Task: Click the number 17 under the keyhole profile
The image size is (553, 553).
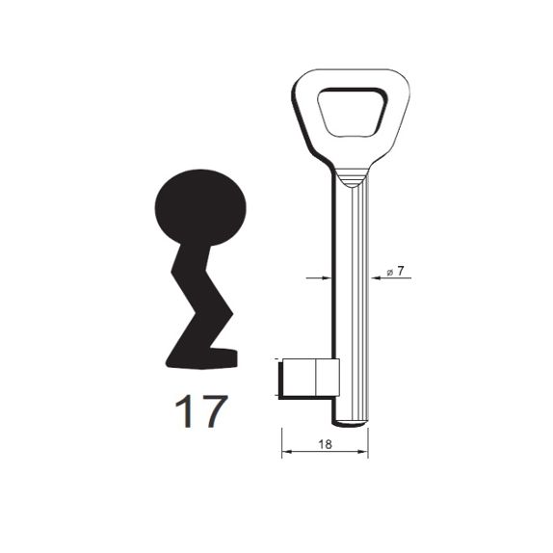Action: pyautogui.click(x=201, y=411)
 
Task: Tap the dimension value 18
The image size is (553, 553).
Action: pyautogui.click(x=325, y=444)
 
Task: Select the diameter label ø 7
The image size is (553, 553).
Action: pyautogui.click(x=395, y=272)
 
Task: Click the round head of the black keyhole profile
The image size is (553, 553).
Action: pyautogui.click(x=200, y=207)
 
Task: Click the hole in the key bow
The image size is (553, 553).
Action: pyautogui.click(x=353, y=113)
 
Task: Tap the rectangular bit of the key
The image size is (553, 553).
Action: pyautogui.click(x=309, y=378)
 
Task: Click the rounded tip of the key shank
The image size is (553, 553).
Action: pyautogui.click(x=350, y=423)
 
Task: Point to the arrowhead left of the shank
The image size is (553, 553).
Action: pyautogui.click(x=327, y=278)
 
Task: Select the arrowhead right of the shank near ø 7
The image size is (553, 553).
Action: pyautogui.click(x=377, y=278)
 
